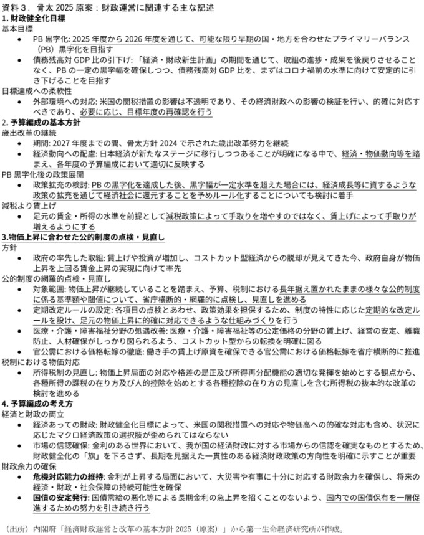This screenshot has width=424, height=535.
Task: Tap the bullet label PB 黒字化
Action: click(x=51, y=38)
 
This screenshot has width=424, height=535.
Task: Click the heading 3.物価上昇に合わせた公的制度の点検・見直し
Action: click(x=82, y=237)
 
